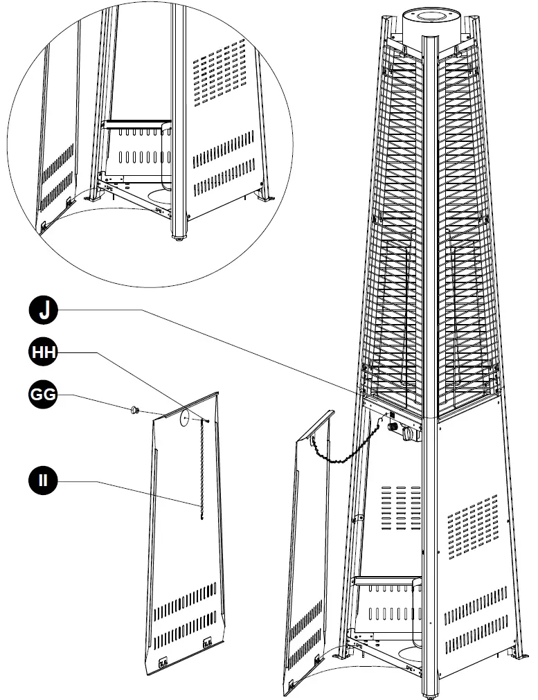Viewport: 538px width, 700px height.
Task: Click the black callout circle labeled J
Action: [x=44, y=311]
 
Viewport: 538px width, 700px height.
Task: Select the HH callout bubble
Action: [x=44, y=353]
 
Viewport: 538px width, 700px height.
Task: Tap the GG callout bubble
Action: [x=44, y=396]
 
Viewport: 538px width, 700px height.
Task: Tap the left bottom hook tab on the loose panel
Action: [x=164, y=660]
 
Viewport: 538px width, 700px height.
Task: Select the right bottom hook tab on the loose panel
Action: [x=207, y=645]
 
